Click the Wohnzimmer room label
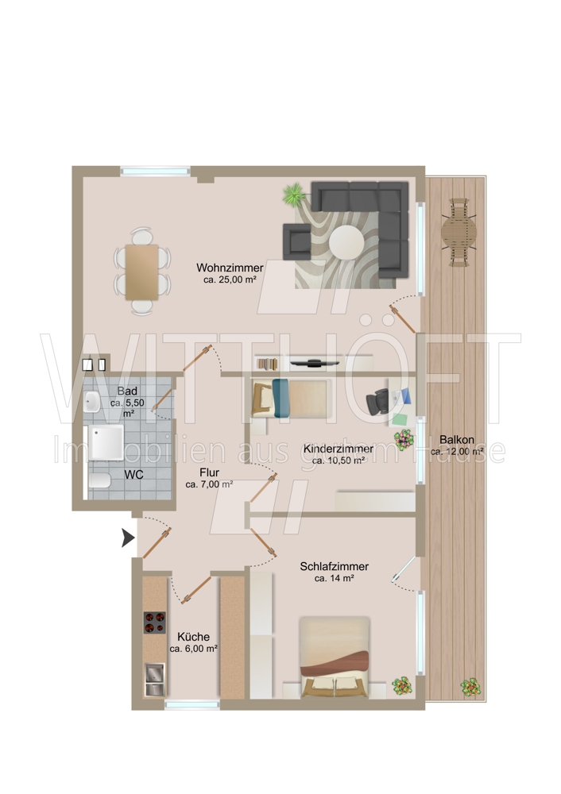click(x=230, y=268)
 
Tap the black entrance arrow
click(x=128, y=538)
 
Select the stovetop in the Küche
click(x=155, y=622)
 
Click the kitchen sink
click(x=155, y=679)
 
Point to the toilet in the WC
click(x=99, y=480)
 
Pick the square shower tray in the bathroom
click(x=106, y=442)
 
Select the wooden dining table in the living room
click(x=142, y=272)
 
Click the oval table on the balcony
click(x=458, y=233)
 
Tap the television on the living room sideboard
click(x=315, y=363)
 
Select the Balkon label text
click(x=457, y=440)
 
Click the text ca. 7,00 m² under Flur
click(x=209, y=484)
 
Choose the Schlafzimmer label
click(x=334, y=567)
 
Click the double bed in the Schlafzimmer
click(x=334, y=657)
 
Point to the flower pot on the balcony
click(x=470, y=687)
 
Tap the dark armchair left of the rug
click(x=297, y=241)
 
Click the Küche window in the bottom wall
click(x=192, y=703)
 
